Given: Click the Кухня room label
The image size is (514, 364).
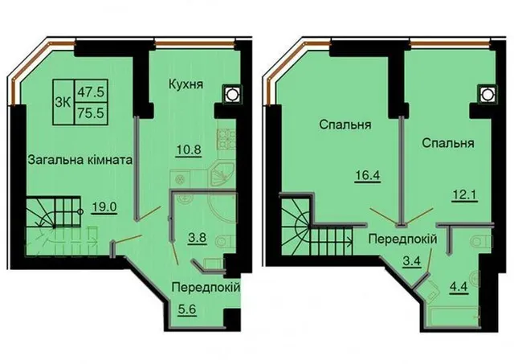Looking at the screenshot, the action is (x=186, y=84).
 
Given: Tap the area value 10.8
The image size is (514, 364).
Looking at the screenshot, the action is (x=188, y=150).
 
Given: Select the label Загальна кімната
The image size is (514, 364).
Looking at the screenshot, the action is (x=80, y=160).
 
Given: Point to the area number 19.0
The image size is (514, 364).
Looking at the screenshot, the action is (x=104, y=207).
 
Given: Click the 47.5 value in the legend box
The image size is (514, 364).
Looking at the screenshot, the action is (x=91, y=92).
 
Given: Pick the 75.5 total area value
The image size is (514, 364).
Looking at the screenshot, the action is (x=91, y=112).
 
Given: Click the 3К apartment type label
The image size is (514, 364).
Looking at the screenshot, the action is (x=63, y=103).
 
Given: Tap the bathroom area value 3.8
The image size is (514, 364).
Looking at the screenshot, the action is (x=197, y=237).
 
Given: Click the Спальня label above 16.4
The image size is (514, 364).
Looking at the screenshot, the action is (x=345, y=125).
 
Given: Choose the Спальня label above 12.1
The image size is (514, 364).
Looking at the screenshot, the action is (x=448, y=143).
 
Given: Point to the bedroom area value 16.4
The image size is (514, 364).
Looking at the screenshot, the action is (x=368, y=175).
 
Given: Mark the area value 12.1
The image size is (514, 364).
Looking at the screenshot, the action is (x=464, y=196).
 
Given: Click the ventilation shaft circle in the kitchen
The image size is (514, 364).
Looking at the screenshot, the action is (x=231, y=94).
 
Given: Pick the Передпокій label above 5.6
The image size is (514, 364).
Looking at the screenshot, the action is (x=206, y=288).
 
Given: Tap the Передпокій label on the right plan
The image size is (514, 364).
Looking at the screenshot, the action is (x=403, y=239).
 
